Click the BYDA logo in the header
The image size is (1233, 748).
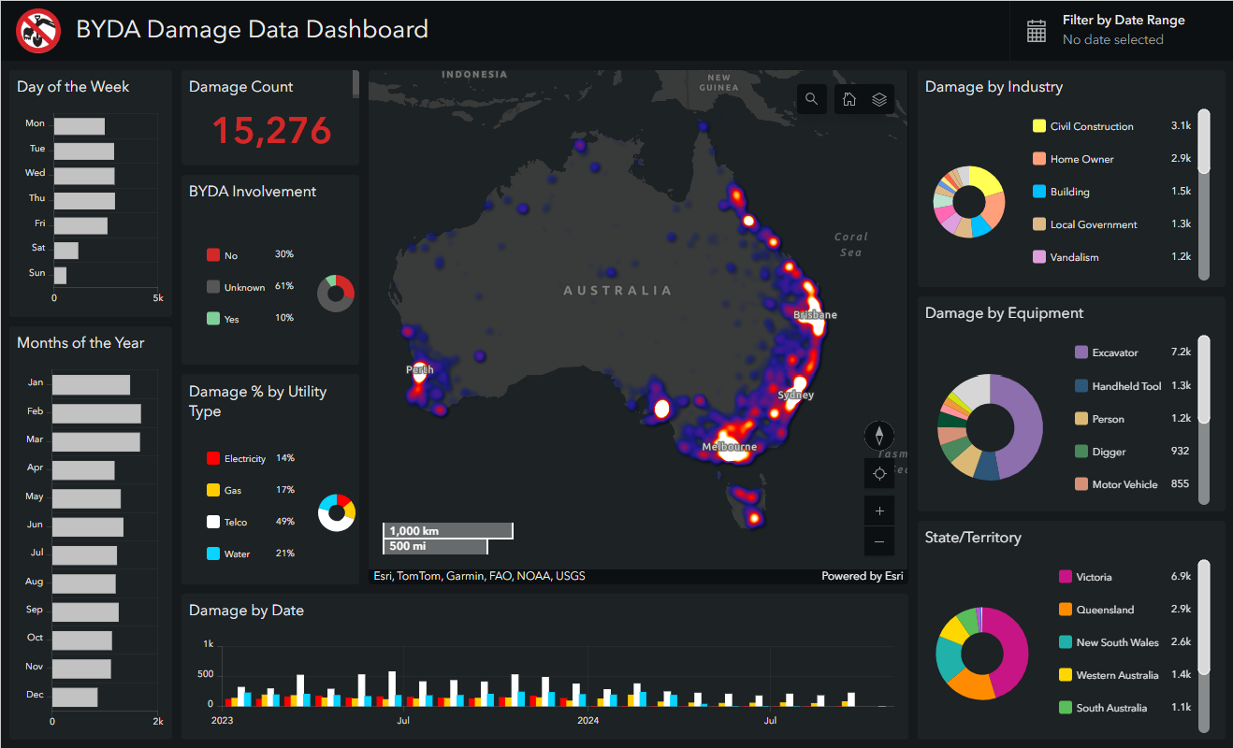click(x=38, y=31)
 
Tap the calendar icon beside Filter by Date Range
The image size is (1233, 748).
click(x=1037, y=31)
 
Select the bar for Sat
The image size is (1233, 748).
click(x=66, y=251)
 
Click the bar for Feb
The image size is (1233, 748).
click(x=96, y=413)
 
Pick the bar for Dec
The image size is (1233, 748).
click(x=75, y=698)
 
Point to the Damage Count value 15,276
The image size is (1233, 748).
click(x=271, y=131)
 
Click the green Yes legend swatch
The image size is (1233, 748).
click(x=213, y=319)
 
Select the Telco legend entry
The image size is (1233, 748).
click(x=237, y=522)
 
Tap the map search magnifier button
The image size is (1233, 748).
click(x=811, y=99)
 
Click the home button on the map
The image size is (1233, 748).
click(x=849, y=99)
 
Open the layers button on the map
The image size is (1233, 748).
click(x=879, y=99)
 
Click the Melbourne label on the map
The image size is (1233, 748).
click(x=730, y=447)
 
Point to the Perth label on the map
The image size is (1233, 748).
click(x=419, y=370)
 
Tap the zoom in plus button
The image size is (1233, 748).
click(x=879, y=511)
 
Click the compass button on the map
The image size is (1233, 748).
click(x=879, y=435)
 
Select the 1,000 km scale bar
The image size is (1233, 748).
click(x=448, y=531)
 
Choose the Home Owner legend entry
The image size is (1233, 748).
click(x=1081, y=159)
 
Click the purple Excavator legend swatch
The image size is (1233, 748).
click(x=1081, y=352)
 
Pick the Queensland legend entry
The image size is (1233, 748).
click(x=1105, y=610)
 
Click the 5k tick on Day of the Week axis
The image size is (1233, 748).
click(x=158, y=298)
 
